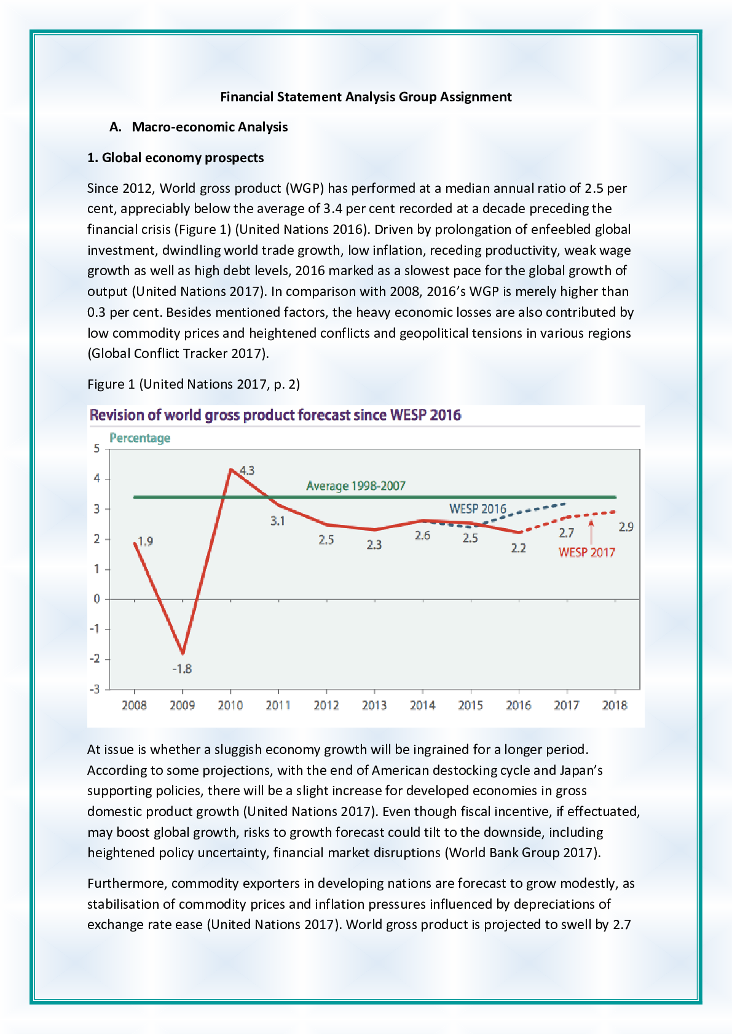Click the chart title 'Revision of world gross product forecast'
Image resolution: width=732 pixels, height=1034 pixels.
(x=275, y=415)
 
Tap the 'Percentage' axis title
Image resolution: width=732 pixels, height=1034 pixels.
(x=140, y=438)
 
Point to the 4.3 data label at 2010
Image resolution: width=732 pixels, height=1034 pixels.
(x=247, y=470)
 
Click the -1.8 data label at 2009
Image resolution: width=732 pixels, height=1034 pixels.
(x=182, y=669)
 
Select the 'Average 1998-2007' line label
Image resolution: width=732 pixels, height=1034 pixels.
(x=356, y=486)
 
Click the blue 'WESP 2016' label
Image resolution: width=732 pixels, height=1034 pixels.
(x=478, y=508)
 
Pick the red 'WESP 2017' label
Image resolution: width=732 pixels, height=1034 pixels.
(x=586, y=552)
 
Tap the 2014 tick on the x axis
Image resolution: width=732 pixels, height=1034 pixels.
(x=422, y=705)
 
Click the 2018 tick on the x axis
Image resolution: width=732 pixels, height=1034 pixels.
(x=615, y=705)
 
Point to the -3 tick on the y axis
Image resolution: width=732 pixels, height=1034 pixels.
(x=95, y=689)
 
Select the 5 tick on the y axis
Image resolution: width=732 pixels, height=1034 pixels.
(x=96, y=448)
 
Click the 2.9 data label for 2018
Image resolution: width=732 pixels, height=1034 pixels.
(x=626, y=527)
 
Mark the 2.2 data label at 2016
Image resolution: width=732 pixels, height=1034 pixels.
(x=518, y=548)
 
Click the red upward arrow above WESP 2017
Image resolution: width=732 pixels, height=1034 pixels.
(x=591, y=531)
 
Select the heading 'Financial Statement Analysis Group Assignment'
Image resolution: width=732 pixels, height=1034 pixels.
(x=366, y=97)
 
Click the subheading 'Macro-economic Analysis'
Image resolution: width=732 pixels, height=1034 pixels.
(x=210, y=127)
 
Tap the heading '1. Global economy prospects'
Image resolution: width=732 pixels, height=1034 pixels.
(x=175, y=158)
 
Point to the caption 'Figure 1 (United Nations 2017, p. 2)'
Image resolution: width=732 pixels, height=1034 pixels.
(x=194, y=384)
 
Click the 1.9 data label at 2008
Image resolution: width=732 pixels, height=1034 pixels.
(x=145, y=541)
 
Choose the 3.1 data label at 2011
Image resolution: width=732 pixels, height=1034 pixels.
(x=278, y=521)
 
